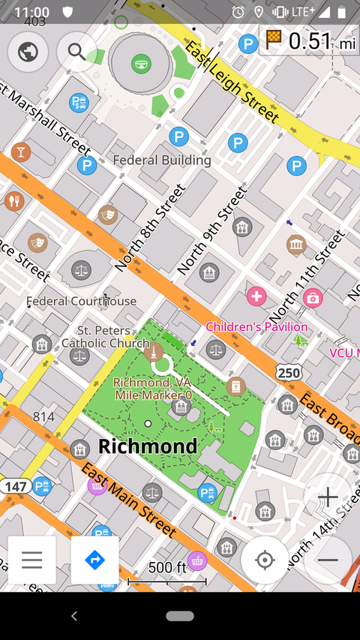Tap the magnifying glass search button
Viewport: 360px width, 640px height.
pyautogui.click(x=76, y=52)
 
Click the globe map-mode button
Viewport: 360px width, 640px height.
pyautogui.click(x=28, y=52)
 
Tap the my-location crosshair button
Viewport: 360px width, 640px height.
pyautogui.click(x=264, y=560)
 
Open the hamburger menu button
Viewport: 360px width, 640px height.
pyautogui.click(x=31, y=560)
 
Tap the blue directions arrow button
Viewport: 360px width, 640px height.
pyautogui.click(x=94, y=560)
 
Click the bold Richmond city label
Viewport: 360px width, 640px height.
pyautogui.click(x=148, y=446)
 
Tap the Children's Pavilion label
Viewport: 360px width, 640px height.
pyautogui.click(x=256, y=327)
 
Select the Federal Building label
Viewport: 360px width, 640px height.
pyautogui.click(x=161, y=160)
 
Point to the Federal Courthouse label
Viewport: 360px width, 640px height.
pyautogui.click(x=82, y=301)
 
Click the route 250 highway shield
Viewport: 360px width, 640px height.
pyautogui.click(x=288, y=372)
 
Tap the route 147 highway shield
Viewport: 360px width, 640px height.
pyautogui.click(x=14, y=487)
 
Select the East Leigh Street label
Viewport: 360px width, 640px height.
pyautogui.click(x=232, y=82)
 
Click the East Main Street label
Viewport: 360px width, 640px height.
pyautogui.click(x=128, y=500)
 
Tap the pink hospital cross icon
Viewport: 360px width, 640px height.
pyautogui.click(x=256, y=296)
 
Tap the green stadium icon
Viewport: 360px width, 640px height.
pyautogui.click(x=140, y=65)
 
